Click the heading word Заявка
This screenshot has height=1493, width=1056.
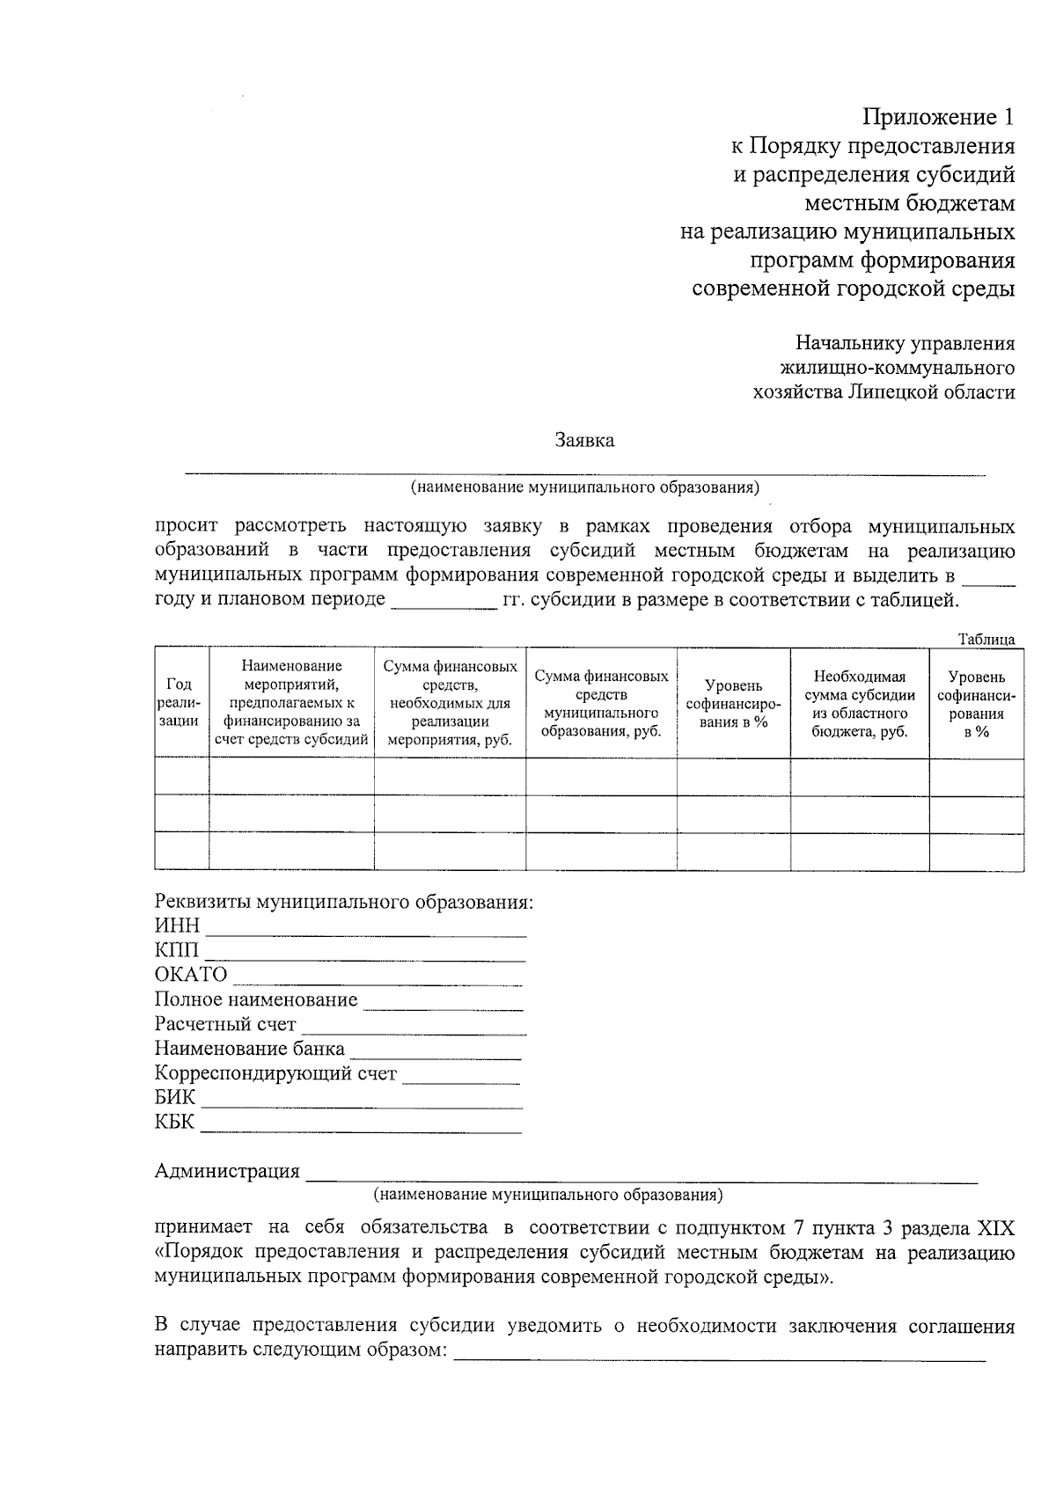tap(583, 441)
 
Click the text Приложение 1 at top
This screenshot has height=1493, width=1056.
tap(938, 117)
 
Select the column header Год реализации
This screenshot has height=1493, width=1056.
tap(181, 702)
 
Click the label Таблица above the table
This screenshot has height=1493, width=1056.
tap(986, 640)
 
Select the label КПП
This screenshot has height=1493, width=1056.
tap(177, 951)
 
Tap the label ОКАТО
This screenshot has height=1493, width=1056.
tap(190, 975)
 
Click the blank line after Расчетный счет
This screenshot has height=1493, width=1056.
tap(414, 1032)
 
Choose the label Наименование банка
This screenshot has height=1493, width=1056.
tap(249, 1049)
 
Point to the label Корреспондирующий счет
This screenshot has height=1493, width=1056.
tap(275, 1073)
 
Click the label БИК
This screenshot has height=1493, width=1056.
tap(175, 1098)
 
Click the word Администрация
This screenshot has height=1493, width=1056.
tap(227, 1171)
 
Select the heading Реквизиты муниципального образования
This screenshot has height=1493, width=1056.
tap(344, 902)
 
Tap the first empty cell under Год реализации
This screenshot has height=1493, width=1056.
tap(181, 776)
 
